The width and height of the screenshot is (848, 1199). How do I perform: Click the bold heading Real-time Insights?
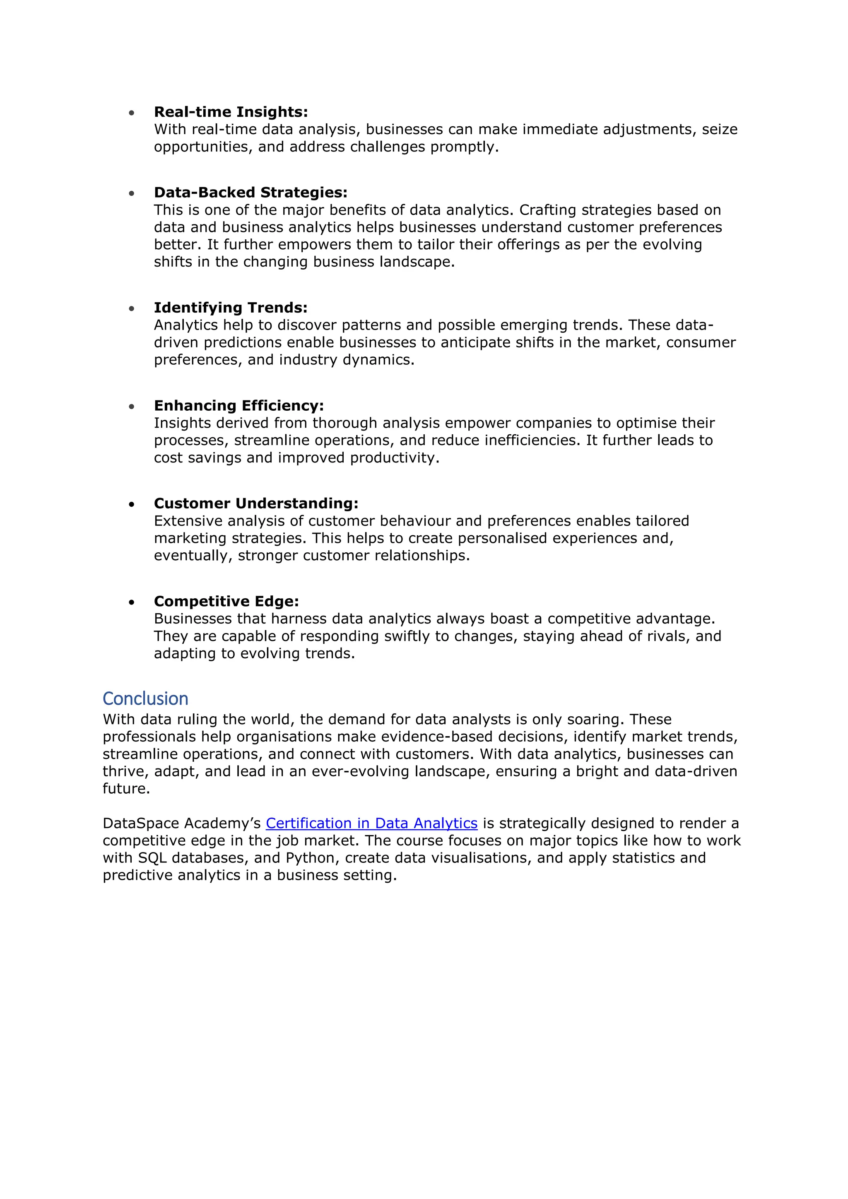click(231, 112)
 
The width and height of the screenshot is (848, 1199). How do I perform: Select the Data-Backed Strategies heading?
click(251, 192)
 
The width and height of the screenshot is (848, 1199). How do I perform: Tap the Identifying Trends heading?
click(230, 308)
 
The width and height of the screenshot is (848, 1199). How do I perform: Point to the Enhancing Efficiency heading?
click(238, 405)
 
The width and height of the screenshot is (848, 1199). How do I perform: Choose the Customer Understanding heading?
click(256, 503)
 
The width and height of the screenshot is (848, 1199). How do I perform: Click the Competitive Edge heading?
click(226, 601)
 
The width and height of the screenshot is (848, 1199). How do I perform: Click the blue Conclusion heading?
click(145, 699)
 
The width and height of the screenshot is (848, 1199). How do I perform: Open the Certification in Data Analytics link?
click(371, 823)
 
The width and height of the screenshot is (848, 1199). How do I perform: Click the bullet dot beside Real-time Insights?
click(132, 113)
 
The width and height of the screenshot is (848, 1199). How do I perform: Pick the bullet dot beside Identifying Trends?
click(132, 308)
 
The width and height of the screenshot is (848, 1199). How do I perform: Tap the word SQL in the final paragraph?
click(152, 857)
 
